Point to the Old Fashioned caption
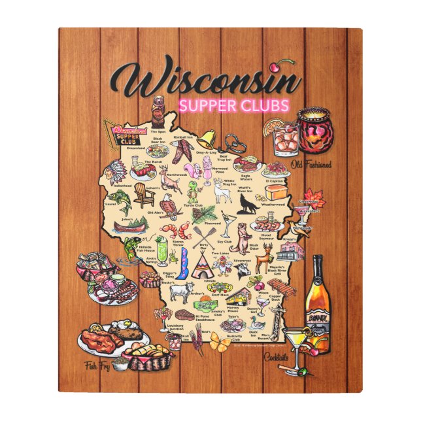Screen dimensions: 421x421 tap(311, 165)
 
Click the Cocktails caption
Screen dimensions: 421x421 tap(277, 357)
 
